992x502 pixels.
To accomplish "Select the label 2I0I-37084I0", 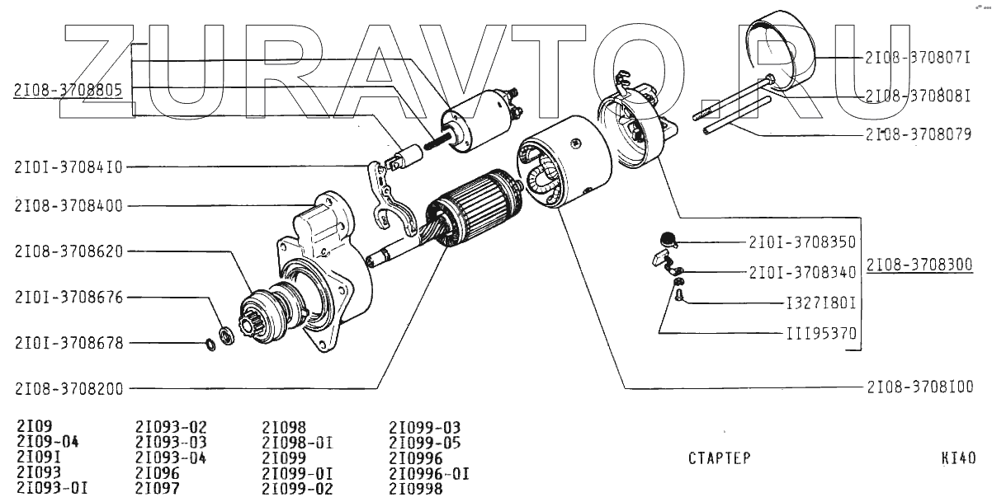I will click(x=68, y=167).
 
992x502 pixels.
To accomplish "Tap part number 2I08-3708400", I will click(x=68, y=206).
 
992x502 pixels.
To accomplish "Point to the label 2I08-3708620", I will click(x=68, y=251).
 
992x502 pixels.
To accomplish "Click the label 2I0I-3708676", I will click(x=68, y=297).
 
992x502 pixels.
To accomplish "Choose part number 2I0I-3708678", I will click(x=68, y=342).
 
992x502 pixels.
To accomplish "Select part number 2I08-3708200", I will click(x=68, y=387).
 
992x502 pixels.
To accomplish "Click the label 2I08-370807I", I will click(x=918, y=58).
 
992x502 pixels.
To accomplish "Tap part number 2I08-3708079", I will click(x=918, y=133).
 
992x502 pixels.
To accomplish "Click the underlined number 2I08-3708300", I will click(x=919, y=265).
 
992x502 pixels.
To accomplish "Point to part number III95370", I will click(x=820, y=335).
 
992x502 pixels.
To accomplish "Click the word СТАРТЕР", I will click(x=719, y=458).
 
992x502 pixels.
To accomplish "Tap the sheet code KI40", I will click(x=958, y=458).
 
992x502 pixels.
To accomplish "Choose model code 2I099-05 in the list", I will click(x=425, y=443).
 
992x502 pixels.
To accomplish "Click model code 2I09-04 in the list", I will click(x=47, y=443).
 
